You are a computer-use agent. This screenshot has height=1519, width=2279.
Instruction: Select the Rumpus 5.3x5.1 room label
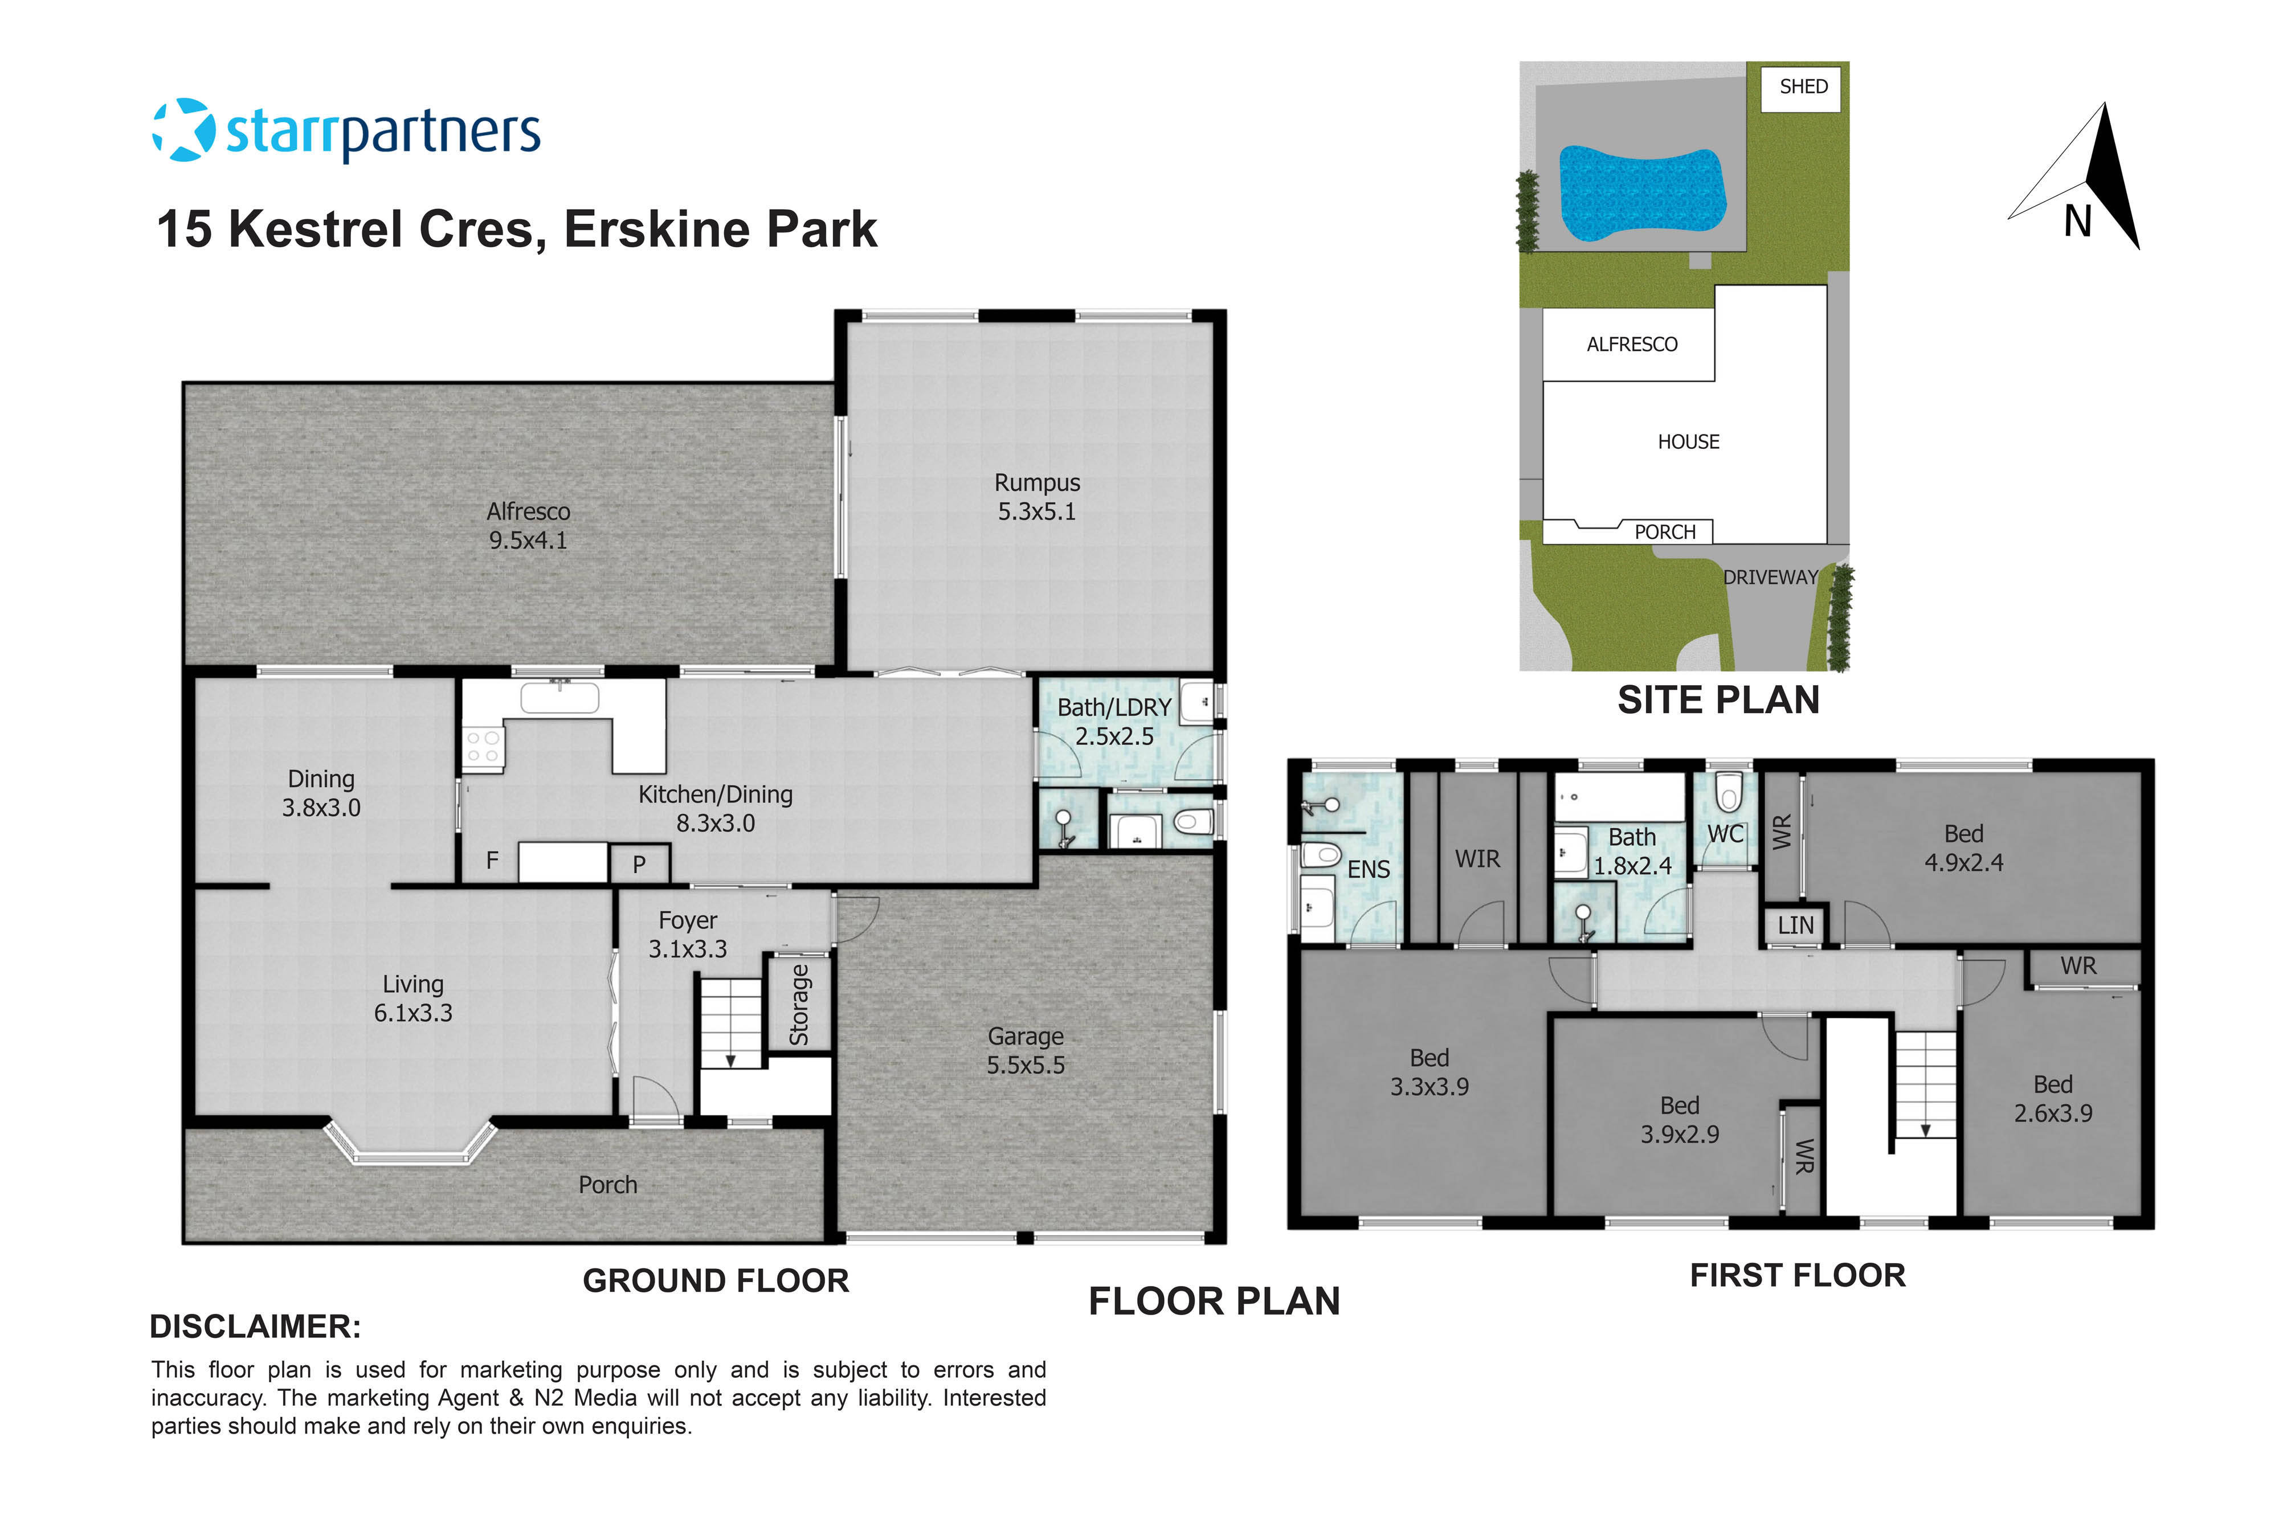tap(1037, 497)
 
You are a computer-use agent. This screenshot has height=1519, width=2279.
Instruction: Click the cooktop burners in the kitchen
tap(483, 747)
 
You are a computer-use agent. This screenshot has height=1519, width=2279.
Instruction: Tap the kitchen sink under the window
tap(560, 698)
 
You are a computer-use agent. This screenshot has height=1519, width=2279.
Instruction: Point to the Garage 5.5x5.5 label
tap(1025, 1051)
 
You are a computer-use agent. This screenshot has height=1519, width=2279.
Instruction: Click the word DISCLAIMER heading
tap(255, 1326)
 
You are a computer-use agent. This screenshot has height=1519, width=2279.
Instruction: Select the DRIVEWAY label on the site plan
tap(1769, 578)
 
